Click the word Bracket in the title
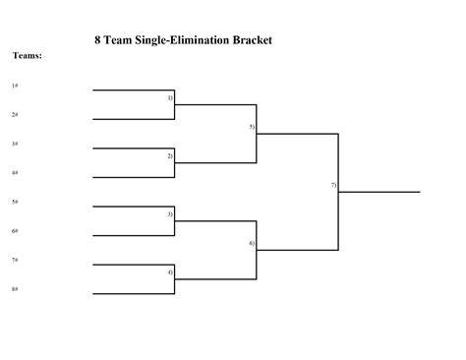[253, 40]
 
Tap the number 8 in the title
[97, 40]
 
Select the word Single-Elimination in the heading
[182, 40]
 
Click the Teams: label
[28, 56]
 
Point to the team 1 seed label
[15, 86]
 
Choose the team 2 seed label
[15, 114]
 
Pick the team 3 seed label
[15, 144]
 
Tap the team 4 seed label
[15, 172]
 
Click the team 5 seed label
[15, 202]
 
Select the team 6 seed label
[15, 231]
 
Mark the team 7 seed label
[15, 260]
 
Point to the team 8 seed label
[15, 289]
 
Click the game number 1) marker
[170, 97]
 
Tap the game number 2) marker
[170, 156]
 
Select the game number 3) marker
[170, 214]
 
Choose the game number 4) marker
[170, 272]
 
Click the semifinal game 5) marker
[252, 127]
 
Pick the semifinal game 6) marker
[252, 243]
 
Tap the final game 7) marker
[333, 185]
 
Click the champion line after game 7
[379, 192]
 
